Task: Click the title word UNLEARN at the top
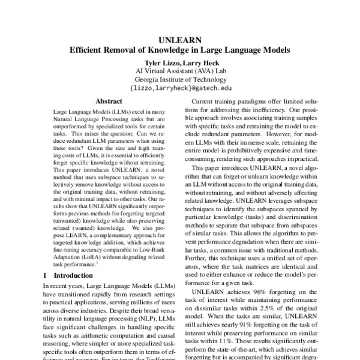tap(180, 41)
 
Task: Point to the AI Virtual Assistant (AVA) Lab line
tap(180, 71)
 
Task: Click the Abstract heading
tap(109, 102)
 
